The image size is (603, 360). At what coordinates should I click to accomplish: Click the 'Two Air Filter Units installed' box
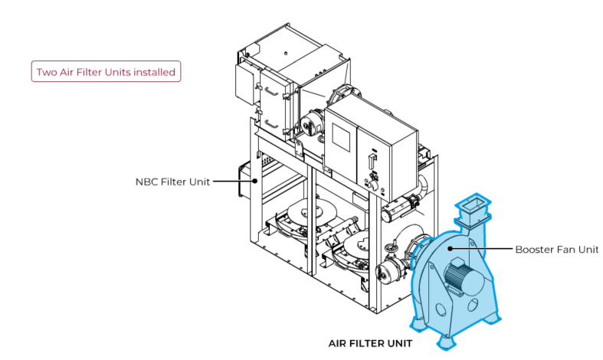click(106, 73)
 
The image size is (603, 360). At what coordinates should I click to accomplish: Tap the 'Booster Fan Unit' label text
click(555, 249)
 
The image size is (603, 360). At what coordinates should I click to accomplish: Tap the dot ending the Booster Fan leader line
click(451, 248)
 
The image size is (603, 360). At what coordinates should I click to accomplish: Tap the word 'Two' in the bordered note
click(47, 73)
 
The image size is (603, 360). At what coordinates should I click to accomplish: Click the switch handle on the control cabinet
click(371, 162)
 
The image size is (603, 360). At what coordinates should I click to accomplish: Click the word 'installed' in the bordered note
click(154, 73)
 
